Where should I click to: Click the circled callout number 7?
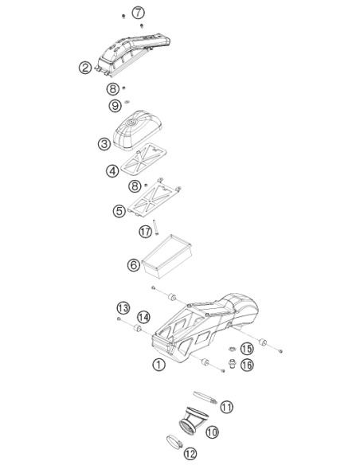139,13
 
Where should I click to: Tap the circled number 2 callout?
85,68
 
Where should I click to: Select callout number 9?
115,106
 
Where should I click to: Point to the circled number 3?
104,144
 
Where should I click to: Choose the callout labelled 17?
145,231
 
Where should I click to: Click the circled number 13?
123,308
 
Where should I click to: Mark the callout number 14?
143,318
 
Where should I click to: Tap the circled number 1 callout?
159,364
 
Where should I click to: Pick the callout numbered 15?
247,349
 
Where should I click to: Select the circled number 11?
226,407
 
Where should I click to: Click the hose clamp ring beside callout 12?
174,442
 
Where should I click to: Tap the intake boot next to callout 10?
194,420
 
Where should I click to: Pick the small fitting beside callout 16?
233,363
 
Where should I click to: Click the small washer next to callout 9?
127,102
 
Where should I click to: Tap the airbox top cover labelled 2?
133,53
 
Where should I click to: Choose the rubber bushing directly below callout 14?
137,329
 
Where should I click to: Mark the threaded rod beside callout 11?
205,397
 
